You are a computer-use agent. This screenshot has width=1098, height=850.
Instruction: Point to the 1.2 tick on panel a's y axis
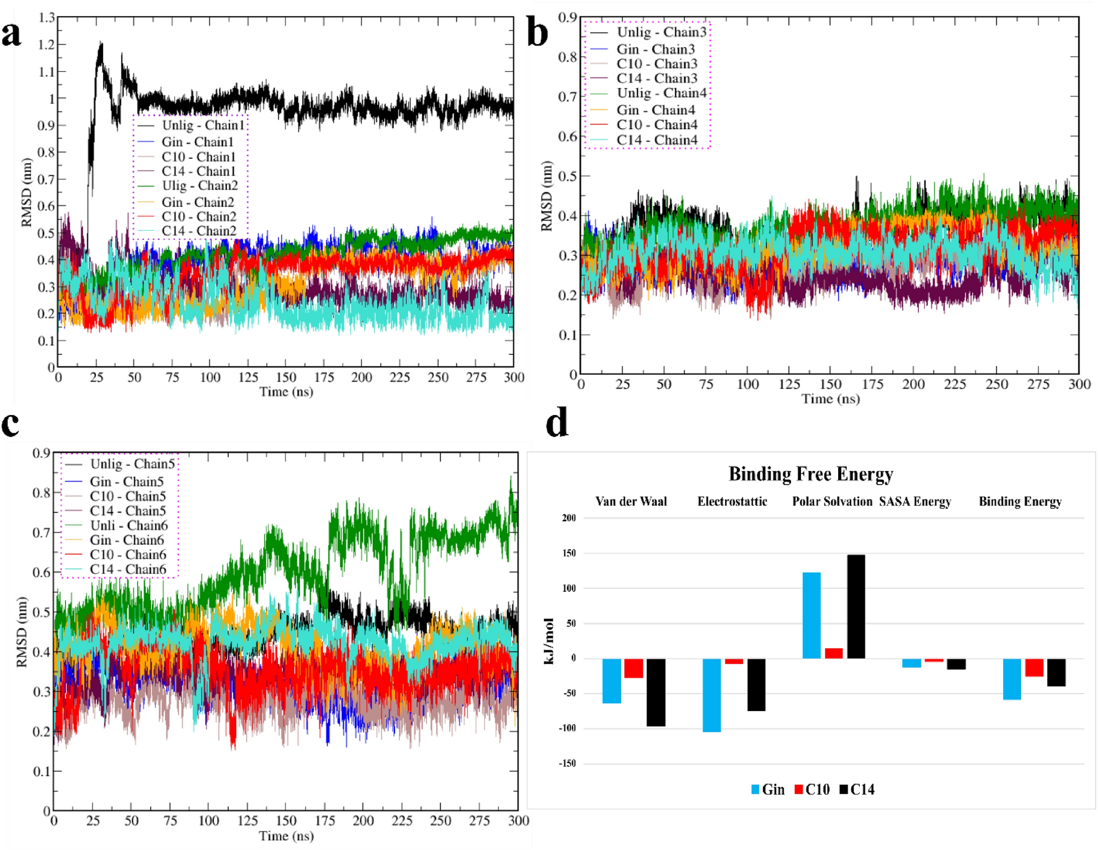click(x=47, y=45)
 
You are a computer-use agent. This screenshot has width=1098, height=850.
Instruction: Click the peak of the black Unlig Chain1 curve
click(x=100, y=43)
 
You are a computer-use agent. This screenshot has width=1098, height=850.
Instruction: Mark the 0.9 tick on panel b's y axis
click(x=567, y=17)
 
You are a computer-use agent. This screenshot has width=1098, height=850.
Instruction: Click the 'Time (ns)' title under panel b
click(x=830, y=398)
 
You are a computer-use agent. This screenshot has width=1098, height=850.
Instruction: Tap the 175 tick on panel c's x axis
click(x=325, y=820)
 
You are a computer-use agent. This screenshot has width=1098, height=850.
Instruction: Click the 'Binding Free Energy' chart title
click(x=810, y=474)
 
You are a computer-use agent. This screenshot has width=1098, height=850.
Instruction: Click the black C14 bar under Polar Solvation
click(x=855, y=606)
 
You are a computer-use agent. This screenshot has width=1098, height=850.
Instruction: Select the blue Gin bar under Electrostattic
click(x=712, y=695)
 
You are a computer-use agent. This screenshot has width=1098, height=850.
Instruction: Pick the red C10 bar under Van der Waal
click(x=633, y=668)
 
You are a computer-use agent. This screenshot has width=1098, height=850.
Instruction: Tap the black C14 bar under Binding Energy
click(x=1056, y=672)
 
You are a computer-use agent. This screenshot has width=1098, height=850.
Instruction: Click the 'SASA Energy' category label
click(x=914, y=501)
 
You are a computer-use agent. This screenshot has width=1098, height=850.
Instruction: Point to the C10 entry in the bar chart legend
click(x=812, y=789)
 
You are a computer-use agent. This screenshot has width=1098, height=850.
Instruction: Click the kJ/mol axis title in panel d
click(x=548, y=641)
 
